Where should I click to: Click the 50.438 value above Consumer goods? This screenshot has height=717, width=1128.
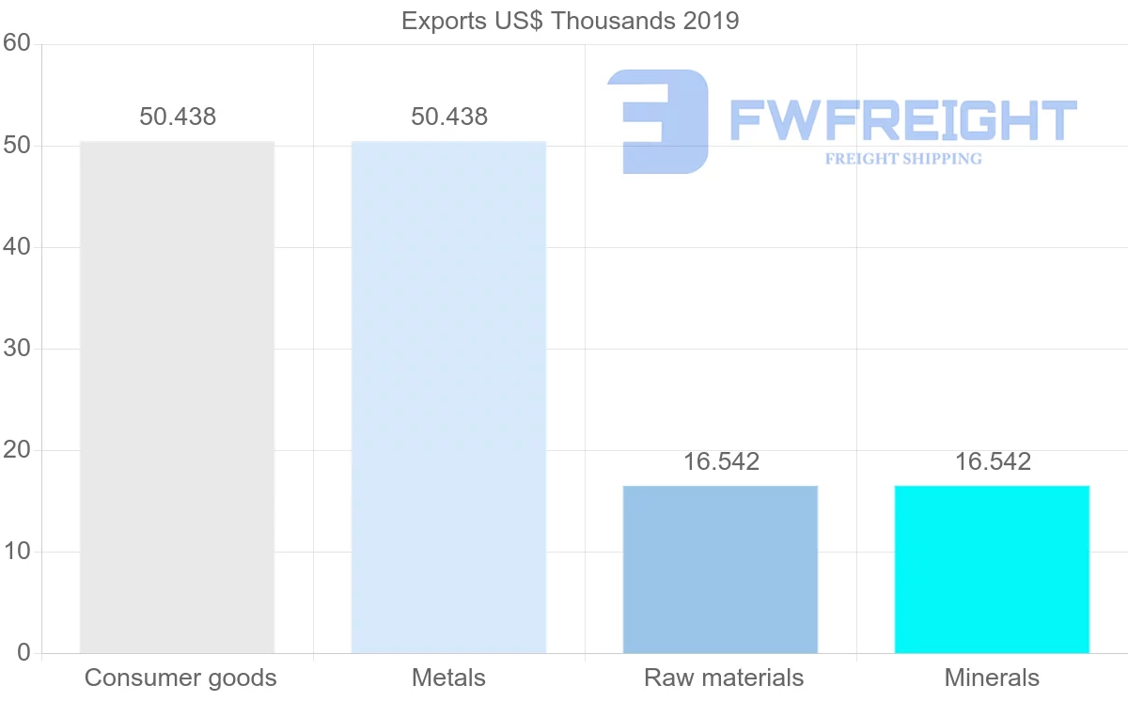pos(178,117)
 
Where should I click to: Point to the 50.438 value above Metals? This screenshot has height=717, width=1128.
pos(449,117)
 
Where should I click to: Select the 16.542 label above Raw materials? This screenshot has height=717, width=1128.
pos(721,461)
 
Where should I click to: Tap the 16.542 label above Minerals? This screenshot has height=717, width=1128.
pos(993,461)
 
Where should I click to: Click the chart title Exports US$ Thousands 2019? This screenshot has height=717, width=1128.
pos(571,21)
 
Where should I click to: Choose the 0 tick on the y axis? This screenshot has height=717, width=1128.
pos(23,653)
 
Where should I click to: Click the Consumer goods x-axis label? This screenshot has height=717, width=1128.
pos(180,678)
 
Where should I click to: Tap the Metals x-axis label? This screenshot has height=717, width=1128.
pos(448,678)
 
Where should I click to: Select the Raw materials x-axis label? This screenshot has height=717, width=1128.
pos(724,678)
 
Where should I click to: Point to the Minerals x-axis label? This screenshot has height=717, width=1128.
pos(992,678)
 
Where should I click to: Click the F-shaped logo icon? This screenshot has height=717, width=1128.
pos(659,121)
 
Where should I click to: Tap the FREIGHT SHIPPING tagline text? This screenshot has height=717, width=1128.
pos(903,159)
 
